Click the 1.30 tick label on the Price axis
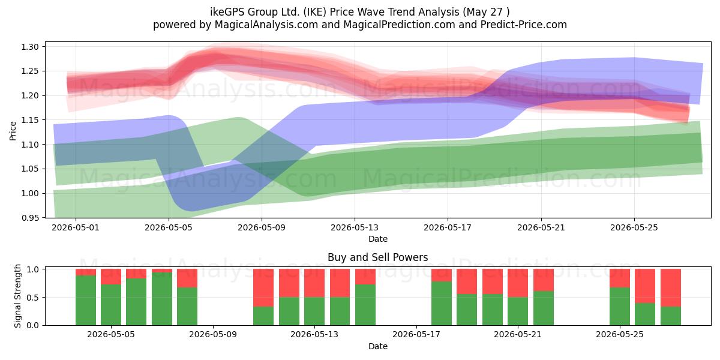pos(30,47)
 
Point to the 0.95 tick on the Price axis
pos(30,218)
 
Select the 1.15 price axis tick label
pos(30,120)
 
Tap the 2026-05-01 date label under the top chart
pos(76,227)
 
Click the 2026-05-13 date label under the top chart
pos(355,227)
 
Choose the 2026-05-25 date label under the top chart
pos(634,227)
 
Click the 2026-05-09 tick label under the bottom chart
pos(213,334)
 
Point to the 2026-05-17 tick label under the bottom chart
pos(416,334)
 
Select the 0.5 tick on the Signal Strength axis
pos(32,298)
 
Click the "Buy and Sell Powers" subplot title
pos(377,257)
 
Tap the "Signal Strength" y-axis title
pos(17,296)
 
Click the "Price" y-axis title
pos(13,131)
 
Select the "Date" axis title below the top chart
pos(377,239)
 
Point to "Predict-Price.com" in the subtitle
pos(524,25)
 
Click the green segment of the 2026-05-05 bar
pos(111,305)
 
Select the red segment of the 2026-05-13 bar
pos(314,283)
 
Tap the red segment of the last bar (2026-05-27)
pos(671,287)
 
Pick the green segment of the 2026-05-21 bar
pos(518,311)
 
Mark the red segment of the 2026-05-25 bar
pos(620,278)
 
